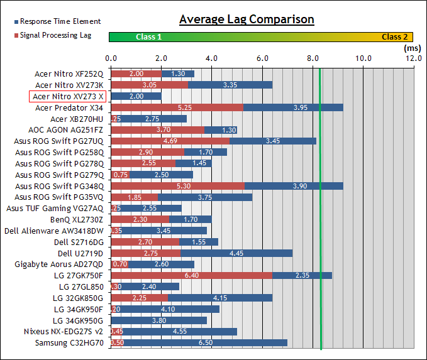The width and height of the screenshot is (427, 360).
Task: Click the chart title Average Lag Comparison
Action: click(247, 19)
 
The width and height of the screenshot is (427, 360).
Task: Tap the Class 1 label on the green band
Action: click(149, 37)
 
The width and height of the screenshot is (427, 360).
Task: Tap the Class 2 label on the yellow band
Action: click(395, 37)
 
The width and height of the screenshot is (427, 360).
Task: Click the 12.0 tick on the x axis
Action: click(413, 58)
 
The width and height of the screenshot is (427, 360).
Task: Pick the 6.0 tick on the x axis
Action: click(262, 58)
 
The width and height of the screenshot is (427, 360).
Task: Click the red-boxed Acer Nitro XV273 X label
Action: click(69, 96)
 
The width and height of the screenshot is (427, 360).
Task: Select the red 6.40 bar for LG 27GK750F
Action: click(192, 275)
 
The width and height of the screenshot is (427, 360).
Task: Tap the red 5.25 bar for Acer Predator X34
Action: click(177, 107)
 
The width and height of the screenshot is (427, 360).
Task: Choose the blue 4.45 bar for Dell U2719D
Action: click(236, 253)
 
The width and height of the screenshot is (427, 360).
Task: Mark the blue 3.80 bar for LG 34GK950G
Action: click(159, 320)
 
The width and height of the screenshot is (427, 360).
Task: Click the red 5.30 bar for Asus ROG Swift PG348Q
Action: click(178, 186)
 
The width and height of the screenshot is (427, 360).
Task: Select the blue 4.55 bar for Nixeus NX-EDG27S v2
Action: click(180, 331)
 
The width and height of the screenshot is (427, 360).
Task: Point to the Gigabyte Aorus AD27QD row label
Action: click(61, 265)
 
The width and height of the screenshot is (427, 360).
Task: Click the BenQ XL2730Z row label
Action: click(78, 220)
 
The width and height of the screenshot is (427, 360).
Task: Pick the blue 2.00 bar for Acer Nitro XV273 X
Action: click(136, 96)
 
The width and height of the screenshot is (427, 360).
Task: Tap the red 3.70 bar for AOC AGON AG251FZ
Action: click(158, 130)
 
